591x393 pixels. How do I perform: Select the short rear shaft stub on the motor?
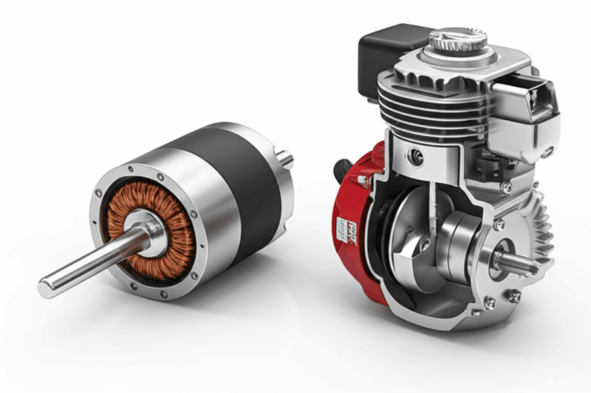click(x=285, y=159)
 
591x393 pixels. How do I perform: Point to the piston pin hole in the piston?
click(x=416, y=158)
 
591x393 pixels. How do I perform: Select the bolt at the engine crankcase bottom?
click(x=489, y=304)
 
